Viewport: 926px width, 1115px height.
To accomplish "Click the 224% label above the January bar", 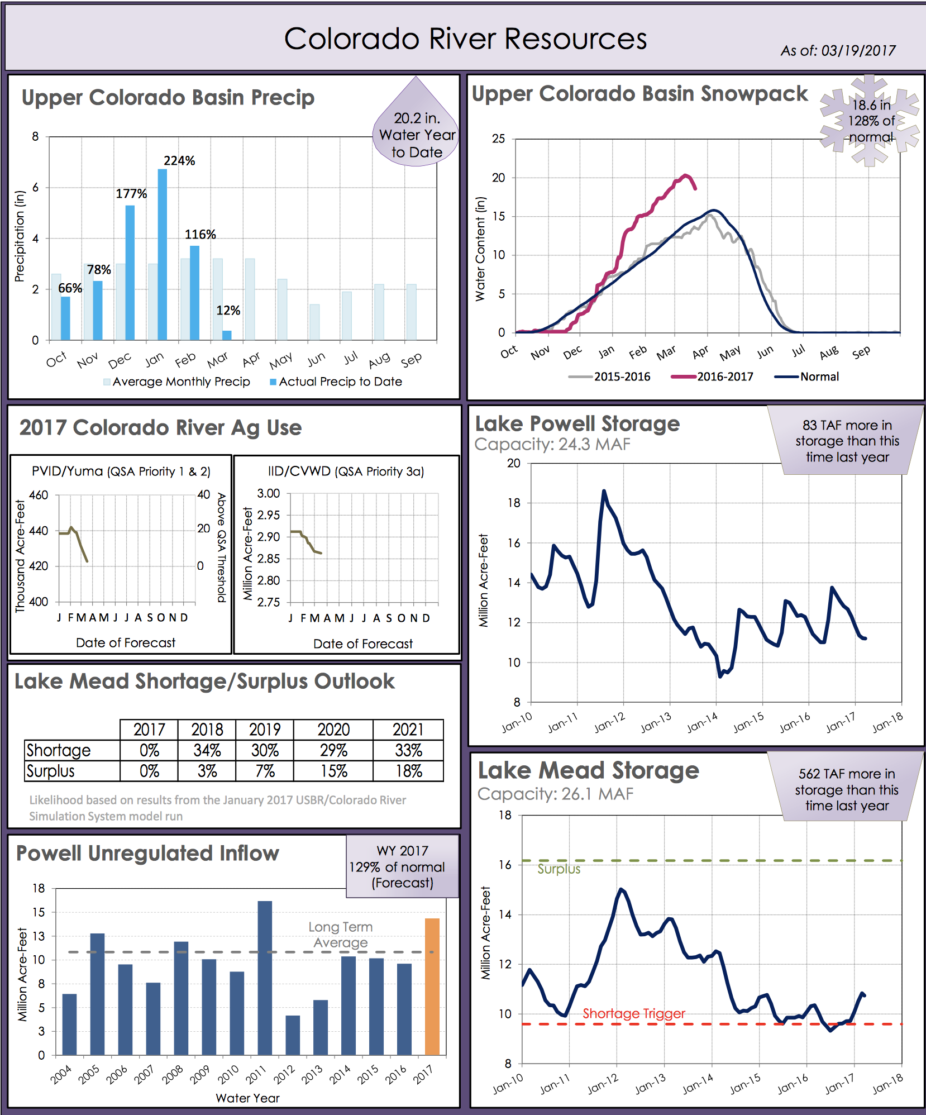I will click(179, 161).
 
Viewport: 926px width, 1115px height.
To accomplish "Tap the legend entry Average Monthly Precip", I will click(181, 382).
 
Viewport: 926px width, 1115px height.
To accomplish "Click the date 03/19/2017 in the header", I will click(858, 51).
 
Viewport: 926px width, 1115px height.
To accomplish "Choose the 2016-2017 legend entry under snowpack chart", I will click(724, 377).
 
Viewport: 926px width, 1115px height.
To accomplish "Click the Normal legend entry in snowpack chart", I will click(819, 377).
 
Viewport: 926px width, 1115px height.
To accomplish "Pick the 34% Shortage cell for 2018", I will click(207, 750).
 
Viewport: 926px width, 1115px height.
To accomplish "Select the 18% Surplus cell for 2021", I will click(408, 771).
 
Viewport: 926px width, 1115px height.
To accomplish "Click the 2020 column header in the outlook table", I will click(333, 730).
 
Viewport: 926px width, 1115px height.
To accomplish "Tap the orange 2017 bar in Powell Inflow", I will click(432, 987).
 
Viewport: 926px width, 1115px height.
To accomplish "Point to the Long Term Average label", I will click(340, 935).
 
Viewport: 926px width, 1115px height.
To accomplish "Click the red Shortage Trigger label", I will click(634, 1013).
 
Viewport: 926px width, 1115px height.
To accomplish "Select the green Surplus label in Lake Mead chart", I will click(559, 869).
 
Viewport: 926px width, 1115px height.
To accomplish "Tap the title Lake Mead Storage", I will click(588, 770).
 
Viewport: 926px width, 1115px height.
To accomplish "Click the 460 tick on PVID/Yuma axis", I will click(39, 495).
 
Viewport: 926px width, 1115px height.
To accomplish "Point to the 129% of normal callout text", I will click(397, 867).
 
